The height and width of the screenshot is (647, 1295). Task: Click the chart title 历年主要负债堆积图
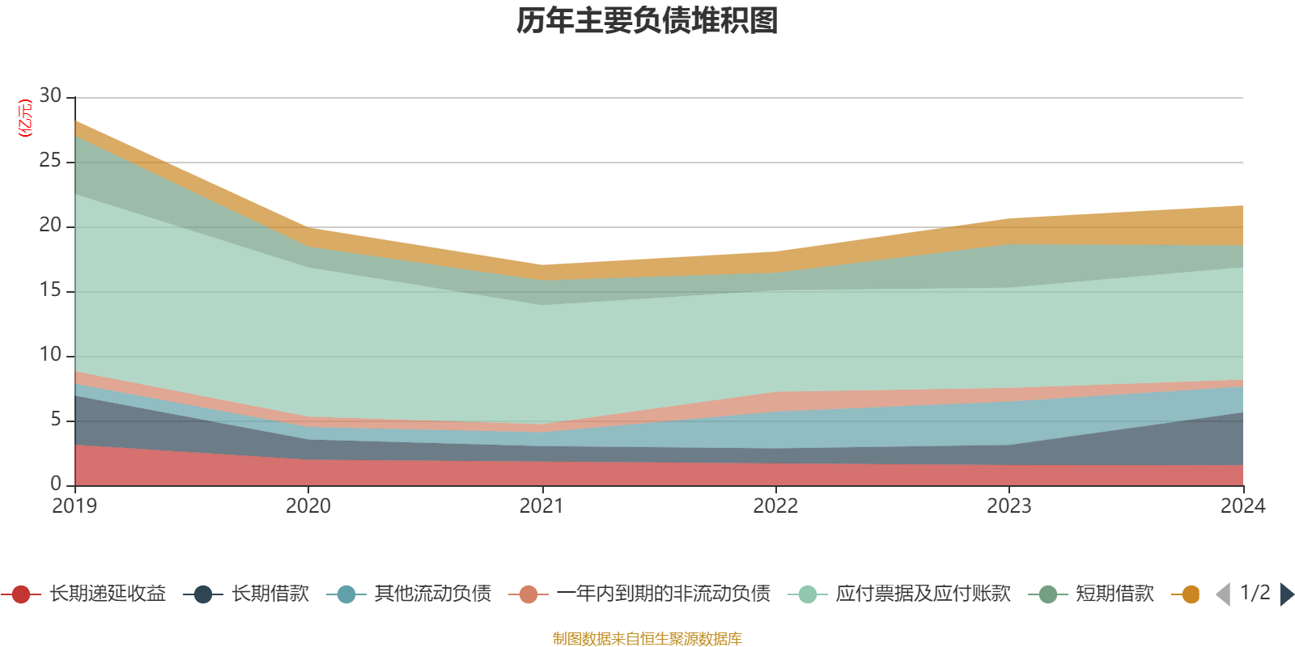click(x=647, y=21)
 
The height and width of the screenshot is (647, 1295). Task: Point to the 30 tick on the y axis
click(x=50, y=95)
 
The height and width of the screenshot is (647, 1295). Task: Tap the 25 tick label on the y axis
click(x=50, y=160)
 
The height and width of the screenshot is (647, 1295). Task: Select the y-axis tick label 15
click(x=50, y=290)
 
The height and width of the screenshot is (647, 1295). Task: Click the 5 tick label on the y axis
click(x=56, y=419)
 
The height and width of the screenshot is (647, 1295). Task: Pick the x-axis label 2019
click(x=74, y=506)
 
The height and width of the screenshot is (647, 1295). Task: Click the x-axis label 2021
click(x=541, y=506)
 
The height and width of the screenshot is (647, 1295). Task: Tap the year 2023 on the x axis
click(x=1008, y=506)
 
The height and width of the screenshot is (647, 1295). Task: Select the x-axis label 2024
click(x=1243, y=506)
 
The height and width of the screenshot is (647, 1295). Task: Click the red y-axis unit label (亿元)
click(x=25, y=118)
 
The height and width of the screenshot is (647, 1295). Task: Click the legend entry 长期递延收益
click(x=84, y=594)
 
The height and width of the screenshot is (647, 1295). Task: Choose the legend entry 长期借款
click(x=246, y=594)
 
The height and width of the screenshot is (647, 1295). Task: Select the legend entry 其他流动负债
click(x=409, y=594)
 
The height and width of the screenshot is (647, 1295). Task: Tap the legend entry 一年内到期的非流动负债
click(x=639, y=594)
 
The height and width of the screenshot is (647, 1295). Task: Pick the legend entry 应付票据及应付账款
click(x=899, y=594)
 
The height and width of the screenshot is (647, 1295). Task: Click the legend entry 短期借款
click(x=1091, y=594)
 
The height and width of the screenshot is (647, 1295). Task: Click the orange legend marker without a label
click(x=1191, y=594)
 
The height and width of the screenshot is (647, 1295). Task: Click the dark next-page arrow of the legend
click(x=1287, y=594)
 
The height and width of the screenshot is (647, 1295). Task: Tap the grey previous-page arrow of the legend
click(x=1223, y=594)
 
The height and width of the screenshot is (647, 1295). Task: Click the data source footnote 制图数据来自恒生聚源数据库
click(x=647, y=638)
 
